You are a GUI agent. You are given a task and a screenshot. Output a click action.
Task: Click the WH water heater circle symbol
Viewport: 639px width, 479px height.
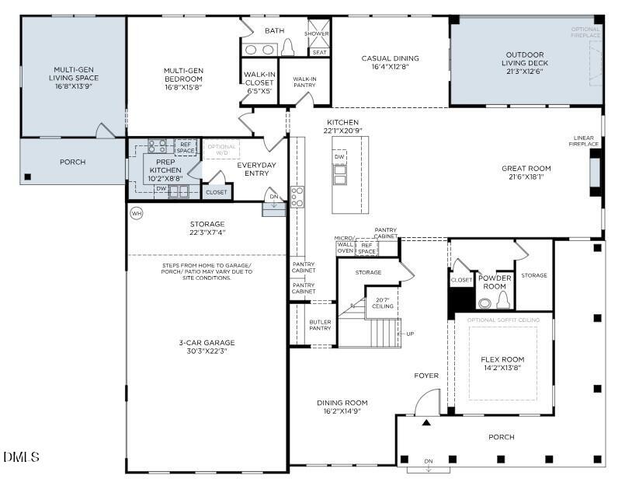point(137,213)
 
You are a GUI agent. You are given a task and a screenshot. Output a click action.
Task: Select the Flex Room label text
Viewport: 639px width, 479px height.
point(502,359)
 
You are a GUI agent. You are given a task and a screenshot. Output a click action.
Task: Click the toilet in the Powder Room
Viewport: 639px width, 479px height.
point(502,301)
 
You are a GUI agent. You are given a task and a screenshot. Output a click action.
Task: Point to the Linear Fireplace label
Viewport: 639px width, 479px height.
point(585,141)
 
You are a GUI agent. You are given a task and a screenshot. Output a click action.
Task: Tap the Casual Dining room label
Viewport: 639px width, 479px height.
point(390,58)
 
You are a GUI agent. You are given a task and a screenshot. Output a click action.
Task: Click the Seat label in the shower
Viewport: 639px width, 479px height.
point(318,52)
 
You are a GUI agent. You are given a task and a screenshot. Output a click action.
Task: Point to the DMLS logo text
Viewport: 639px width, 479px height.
point(21,457)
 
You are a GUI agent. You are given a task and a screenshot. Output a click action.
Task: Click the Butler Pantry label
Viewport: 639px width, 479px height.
point(320,324)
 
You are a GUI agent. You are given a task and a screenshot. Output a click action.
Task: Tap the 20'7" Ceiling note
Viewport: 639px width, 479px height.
point(382,302)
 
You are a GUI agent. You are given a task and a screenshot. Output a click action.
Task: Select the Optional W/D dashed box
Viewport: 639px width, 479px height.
point(221,149)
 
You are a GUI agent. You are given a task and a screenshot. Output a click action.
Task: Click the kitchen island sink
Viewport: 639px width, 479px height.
point(340,176)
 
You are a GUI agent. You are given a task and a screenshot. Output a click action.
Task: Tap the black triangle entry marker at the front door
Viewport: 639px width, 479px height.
point(425,423)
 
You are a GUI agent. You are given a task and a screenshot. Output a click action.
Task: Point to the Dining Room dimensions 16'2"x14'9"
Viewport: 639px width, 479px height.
point(342,411)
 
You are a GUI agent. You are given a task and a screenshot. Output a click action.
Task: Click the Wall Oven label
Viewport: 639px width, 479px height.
point(345,247)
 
